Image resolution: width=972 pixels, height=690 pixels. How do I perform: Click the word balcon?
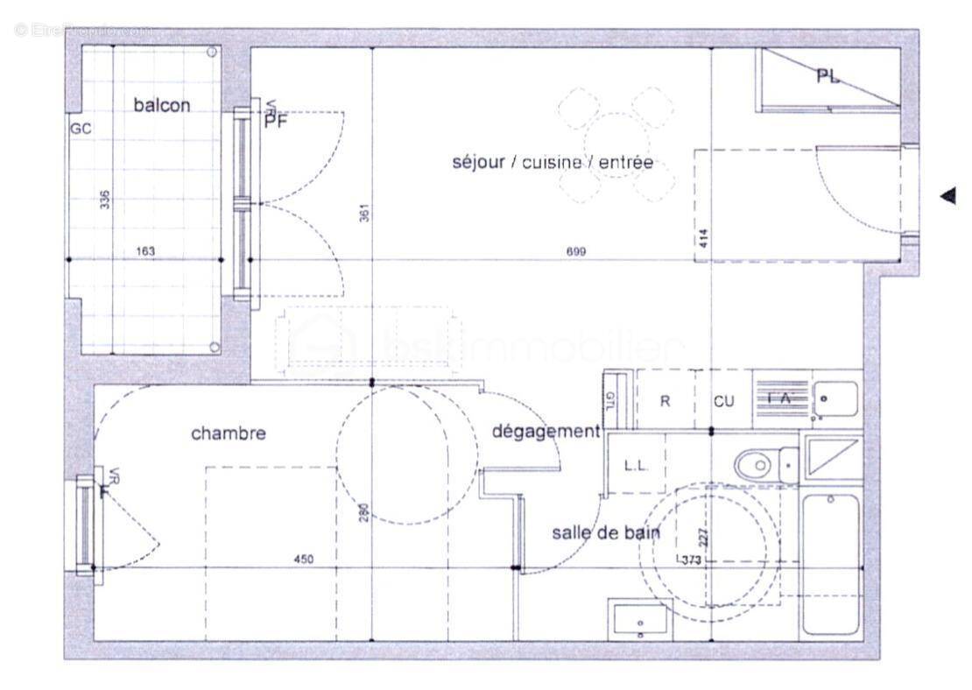161,105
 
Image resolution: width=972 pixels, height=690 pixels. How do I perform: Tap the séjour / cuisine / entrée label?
553,162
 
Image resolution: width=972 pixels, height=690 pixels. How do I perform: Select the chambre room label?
228,433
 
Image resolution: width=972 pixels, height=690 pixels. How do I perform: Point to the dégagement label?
546,431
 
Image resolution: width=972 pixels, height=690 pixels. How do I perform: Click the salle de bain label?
605,532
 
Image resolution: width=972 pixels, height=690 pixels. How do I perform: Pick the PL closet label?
828,77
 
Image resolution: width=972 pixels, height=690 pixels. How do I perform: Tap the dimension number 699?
575,251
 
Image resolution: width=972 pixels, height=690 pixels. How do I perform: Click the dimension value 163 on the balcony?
145,251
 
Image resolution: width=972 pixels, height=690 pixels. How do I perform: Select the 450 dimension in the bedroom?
303,559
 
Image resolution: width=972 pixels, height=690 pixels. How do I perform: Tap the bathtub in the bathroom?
831,565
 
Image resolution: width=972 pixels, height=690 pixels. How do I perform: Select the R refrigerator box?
665,401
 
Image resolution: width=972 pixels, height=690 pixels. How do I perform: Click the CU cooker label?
723,401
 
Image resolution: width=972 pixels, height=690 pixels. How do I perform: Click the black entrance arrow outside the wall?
947,196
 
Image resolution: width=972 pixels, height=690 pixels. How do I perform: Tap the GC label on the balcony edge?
81,128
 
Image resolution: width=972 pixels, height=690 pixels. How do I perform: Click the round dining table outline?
616,144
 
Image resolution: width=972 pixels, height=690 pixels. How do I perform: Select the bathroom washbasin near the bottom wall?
640,620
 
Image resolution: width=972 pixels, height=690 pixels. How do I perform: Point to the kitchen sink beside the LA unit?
834,400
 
